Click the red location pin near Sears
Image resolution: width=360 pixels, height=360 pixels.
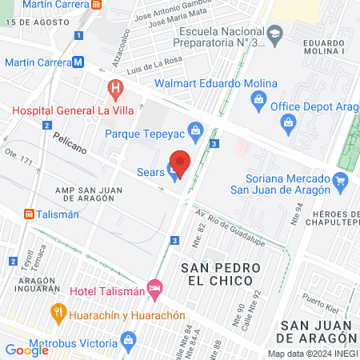click(181, 163)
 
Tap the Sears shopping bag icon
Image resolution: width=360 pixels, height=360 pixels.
click(173, 170)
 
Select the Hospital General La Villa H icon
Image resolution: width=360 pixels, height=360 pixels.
click(115, 86)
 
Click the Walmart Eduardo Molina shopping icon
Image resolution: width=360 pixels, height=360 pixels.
click(258, 99)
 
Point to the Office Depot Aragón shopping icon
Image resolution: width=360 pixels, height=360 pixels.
click(287, 122)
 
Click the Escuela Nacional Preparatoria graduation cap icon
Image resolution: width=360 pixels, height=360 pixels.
click(275, 33)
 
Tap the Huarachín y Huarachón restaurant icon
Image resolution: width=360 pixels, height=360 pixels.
click(57, 311)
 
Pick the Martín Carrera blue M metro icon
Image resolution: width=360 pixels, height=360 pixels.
click(78, 62)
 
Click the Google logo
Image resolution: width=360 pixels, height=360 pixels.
click(26, 350)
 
